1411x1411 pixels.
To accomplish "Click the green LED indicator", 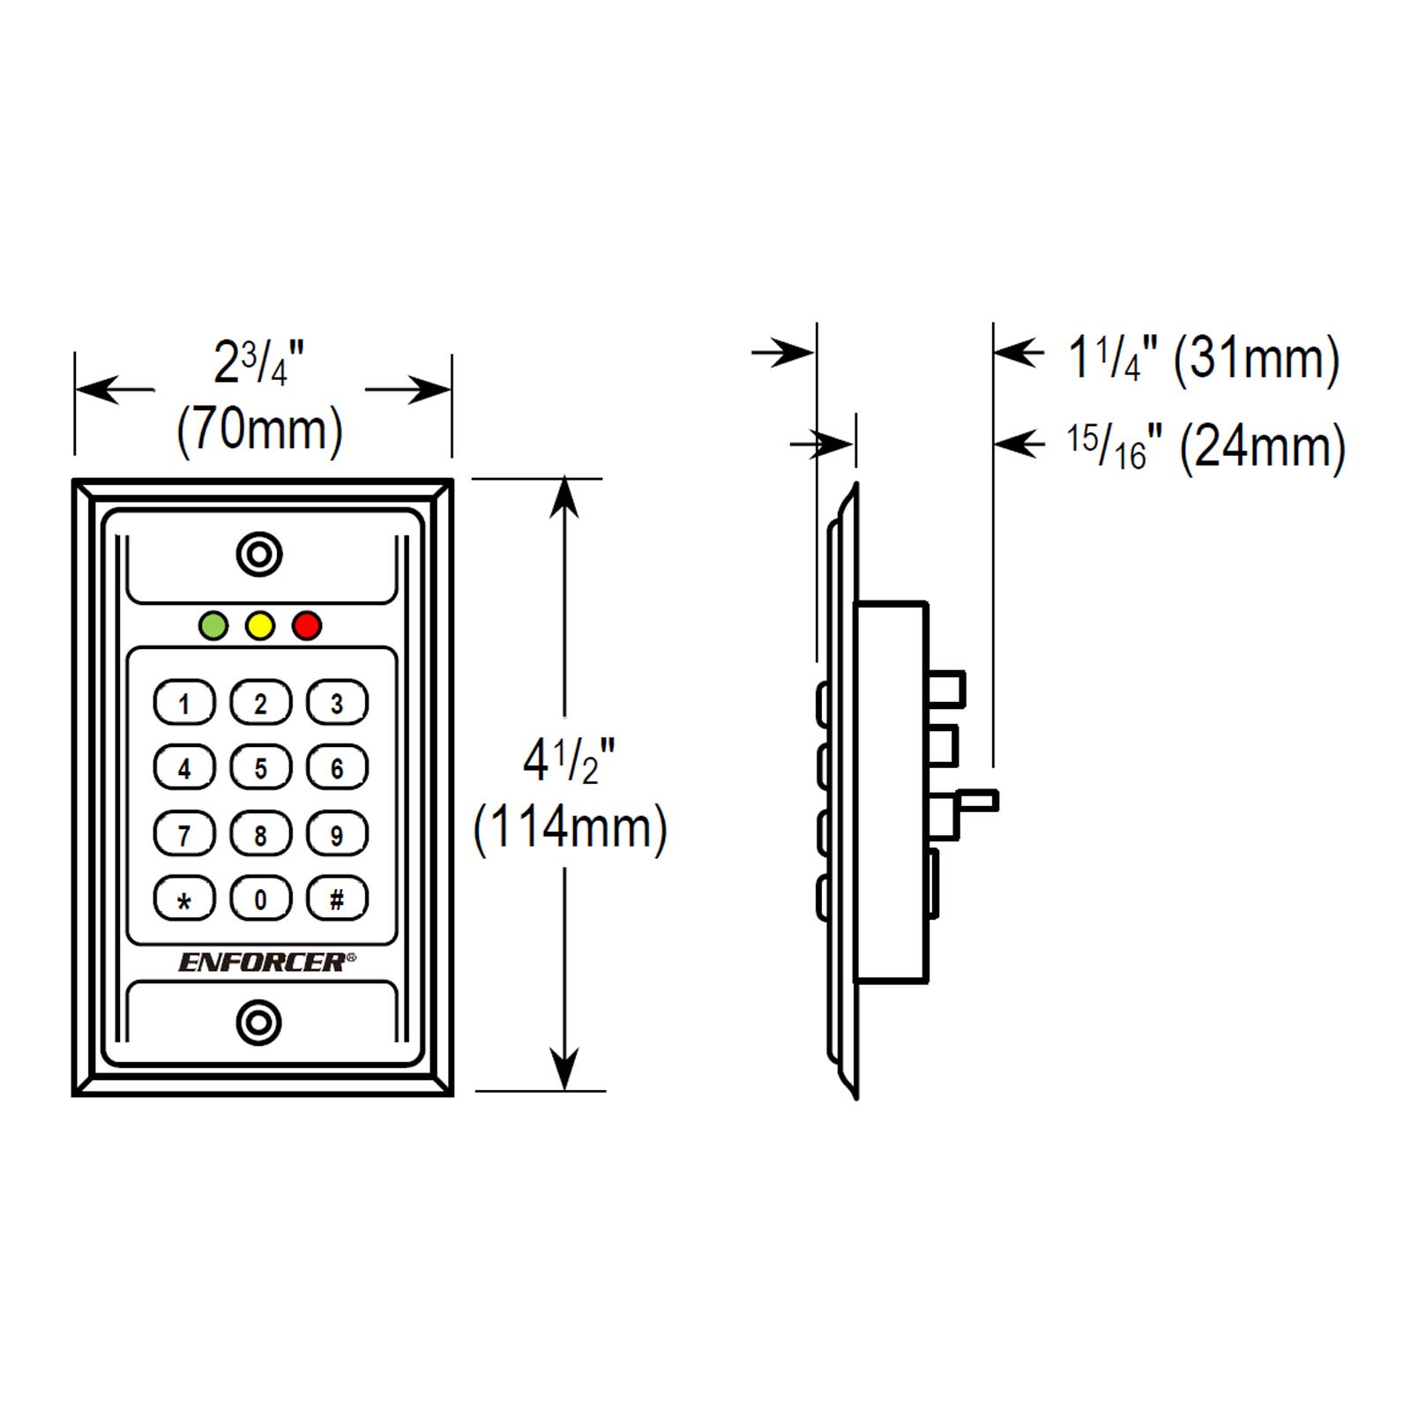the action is pyautogui.click(x=214, y=626).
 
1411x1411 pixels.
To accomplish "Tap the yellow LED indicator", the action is pyautogui.click(x=260, y=626).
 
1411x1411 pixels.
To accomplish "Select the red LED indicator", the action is pyautogui.click(x=307, y=626).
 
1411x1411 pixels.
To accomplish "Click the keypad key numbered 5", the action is pyautogui.click(x=260, y=768).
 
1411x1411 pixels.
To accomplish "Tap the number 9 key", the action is pyautogui.click(x=337, y=833).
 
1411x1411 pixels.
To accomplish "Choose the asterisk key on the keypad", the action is pyautogui.click(x=184, y=899).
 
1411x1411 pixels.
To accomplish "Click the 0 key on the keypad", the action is pyautogui.click(x=260, y=899).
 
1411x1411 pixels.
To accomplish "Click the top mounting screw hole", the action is pyautogui.click(x=259, y=555).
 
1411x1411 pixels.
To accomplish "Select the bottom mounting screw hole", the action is pyautogui.click(x=259, y=1023).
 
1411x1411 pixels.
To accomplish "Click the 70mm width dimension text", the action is pyautogui.click(x=260, y=431).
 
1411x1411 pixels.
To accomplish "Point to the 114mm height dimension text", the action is pyautogui.click(x=571, y=829).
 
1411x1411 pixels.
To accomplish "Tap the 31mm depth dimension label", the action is pyautogui.click(x=1257, y=360).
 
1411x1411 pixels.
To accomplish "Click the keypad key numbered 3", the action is pyautogui.click(x=337, y=703).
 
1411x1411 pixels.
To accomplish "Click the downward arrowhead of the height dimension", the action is pyautogui.click(x=564, y=1070).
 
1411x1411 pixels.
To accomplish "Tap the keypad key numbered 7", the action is pyautogui.click(x=184, y=833).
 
